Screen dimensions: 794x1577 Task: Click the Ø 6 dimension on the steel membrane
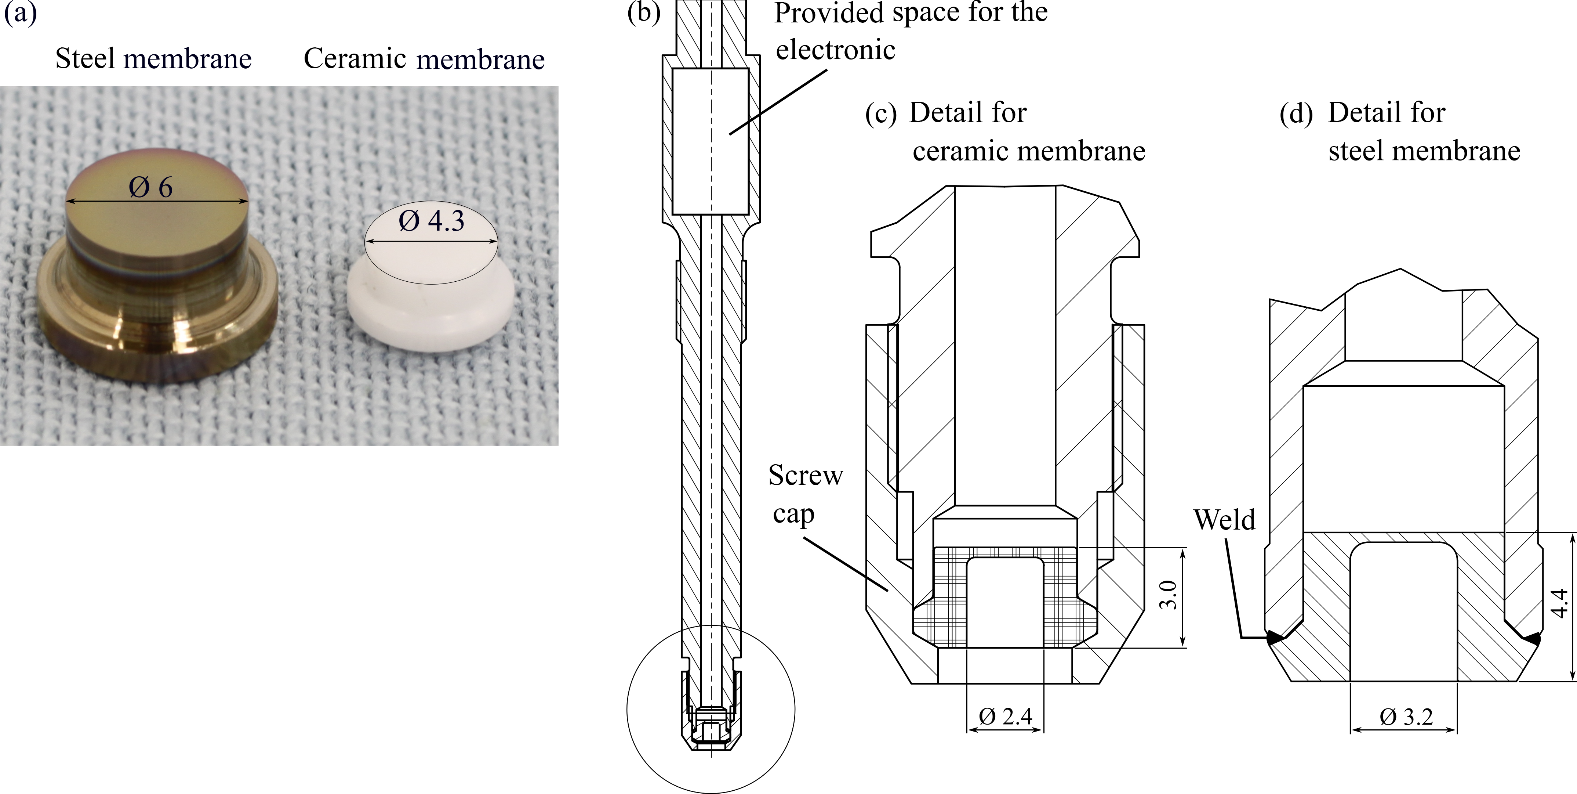point(150,187)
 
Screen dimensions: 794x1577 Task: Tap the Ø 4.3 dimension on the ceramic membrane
point(432,221)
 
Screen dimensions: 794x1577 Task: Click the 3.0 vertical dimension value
point(1168,594)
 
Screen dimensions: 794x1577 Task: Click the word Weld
point(1224,520)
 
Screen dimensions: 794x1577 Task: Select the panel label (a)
point(20,12)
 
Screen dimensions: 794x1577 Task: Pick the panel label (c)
point(881,114)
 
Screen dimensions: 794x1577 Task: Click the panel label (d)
point(1296,114)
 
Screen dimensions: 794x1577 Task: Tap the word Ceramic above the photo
point(355,59)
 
